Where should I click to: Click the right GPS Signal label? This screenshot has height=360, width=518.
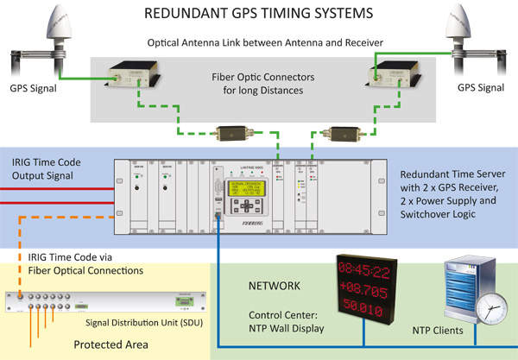(481, 87)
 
